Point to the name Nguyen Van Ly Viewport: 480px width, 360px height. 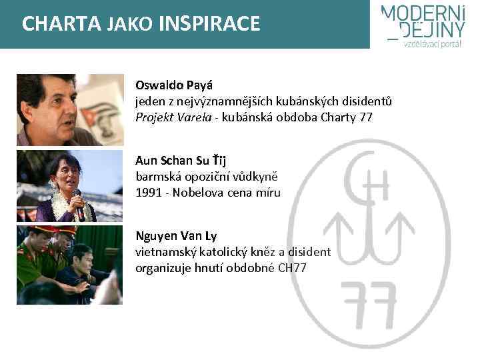176,236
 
